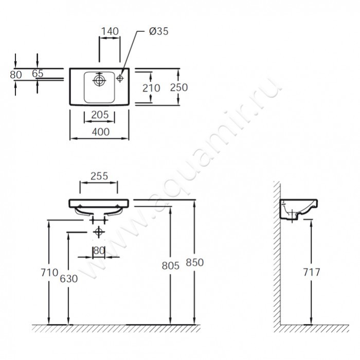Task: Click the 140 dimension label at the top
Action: (110, 31)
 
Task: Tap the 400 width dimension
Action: (100, 132)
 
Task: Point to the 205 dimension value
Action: (99, 115)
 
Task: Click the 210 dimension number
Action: (151, 88)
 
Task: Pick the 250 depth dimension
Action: (178, 87)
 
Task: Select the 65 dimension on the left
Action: (38, 74)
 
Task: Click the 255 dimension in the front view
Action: (99, 175)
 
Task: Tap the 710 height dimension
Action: (50, 273)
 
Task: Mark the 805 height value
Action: (171, 265)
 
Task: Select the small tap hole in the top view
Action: (120, 78)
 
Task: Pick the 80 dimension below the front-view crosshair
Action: (99, 250)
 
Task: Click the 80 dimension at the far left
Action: (16, 74)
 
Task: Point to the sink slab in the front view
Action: (99, 203)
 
